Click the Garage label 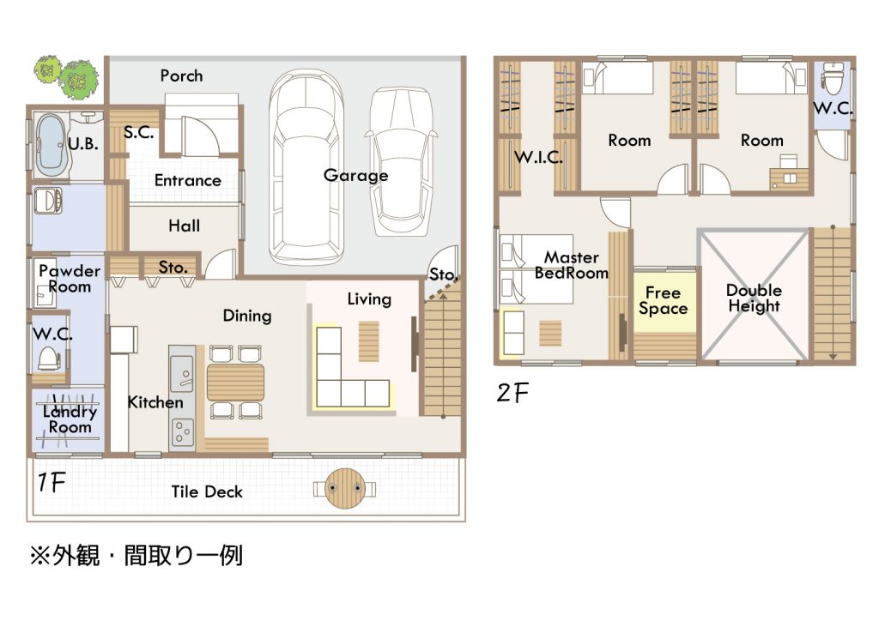point(355,175)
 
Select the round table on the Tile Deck point(344,488)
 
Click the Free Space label point(664,301)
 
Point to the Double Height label point(754,298)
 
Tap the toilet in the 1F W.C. point(49,359)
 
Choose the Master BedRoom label point(571,265)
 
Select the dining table point(235,383)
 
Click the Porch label point(181,75)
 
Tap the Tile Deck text point(207,491)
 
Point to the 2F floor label point(512,393)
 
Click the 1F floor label point(52,482)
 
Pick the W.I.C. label point(538,157)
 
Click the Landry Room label point(70,419)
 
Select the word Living point(369,299)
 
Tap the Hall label point(184,226)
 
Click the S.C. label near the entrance point(138,133)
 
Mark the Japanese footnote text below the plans point(136,556)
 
